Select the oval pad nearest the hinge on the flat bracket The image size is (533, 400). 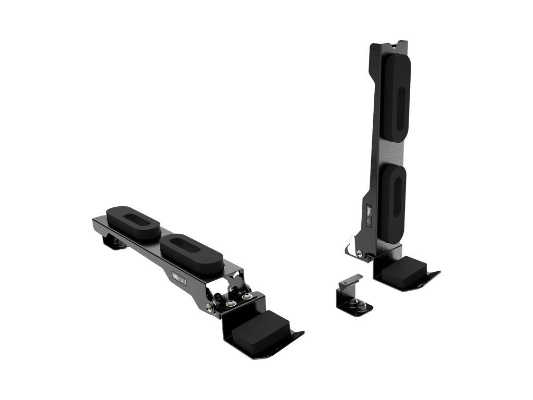point(192,254)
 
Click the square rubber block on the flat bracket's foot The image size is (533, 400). point(260,329)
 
